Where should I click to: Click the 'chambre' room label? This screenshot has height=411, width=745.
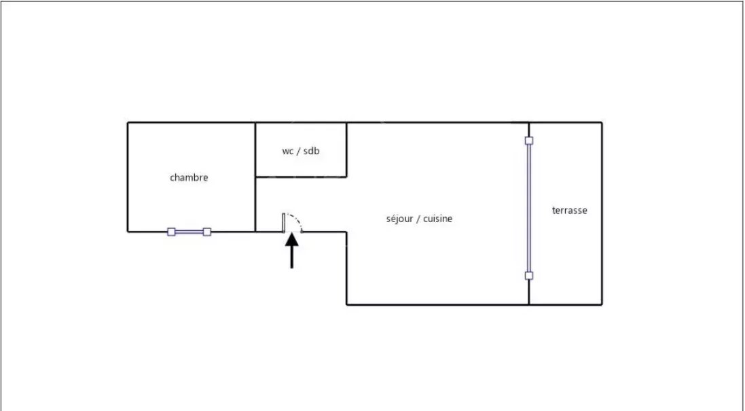point(189,178)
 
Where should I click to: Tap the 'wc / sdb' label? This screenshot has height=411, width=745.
point(300,151)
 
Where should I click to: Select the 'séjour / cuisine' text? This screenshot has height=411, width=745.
point(419,219)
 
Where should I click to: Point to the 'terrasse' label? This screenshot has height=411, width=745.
point(569,211)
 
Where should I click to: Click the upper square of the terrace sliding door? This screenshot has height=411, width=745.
point(529,141)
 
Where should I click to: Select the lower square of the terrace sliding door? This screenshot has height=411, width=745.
point(529,276)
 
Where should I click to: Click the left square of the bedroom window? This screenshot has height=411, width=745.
point(171,232)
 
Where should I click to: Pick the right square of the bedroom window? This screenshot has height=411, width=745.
point(207,232)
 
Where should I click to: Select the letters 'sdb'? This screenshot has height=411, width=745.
point(311,151)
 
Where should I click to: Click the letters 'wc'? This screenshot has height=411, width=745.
point(288,151)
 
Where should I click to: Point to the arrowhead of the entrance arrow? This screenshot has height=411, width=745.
point(292,238)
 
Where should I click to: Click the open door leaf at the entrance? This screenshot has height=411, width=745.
point(284,222)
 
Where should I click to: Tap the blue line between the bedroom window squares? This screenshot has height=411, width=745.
point(189,232)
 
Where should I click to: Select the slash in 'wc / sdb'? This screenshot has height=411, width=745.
point(299,151)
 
